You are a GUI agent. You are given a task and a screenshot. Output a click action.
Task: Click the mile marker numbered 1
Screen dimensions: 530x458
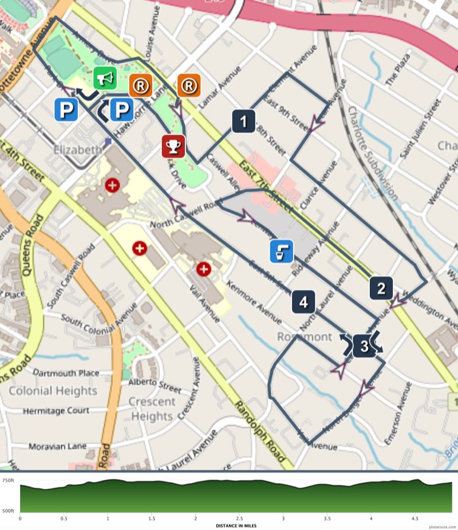[x=244, y=121]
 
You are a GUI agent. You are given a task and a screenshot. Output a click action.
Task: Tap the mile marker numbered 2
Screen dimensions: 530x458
[x=381, y=288]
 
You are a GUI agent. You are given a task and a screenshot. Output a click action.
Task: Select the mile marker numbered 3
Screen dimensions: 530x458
[x=364, y=346]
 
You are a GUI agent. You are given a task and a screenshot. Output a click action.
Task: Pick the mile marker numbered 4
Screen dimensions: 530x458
[x=303, y=301]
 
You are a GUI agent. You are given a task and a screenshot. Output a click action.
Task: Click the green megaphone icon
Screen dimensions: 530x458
[x=105, y=78]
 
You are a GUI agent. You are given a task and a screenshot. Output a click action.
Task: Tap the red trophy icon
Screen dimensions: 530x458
[x=173, y=147]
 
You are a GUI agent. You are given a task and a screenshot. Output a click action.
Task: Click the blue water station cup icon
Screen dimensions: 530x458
[x=282, y=251]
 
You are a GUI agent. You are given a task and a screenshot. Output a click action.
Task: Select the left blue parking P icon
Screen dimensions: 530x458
[x=66, y=109]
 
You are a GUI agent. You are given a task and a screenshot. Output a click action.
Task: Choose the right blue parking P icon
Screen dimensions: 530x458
[x=121, y=109]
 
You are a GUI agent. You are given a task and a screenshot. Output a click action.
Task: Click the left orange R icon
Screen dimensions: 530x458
[x=141, y=86]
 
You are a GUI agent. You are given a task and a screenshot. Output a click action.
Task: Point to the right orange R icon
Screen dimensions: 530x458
[x=189, y=86]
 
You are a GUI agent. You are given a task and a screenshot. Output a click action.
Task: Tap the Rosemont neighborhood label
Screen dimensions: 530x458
[x=305, y=336]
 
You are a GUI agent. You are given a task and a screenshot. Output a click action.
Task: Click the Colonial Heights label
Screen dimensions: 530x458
[x=53, y=391]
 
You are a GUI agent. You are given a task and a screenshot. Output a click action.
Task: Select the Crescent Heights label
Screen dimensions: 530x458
[x=151, y=409]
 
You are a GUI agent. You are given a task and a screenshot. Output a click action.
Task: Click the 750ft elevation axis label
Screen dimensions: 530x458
[x=9, y=480]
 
